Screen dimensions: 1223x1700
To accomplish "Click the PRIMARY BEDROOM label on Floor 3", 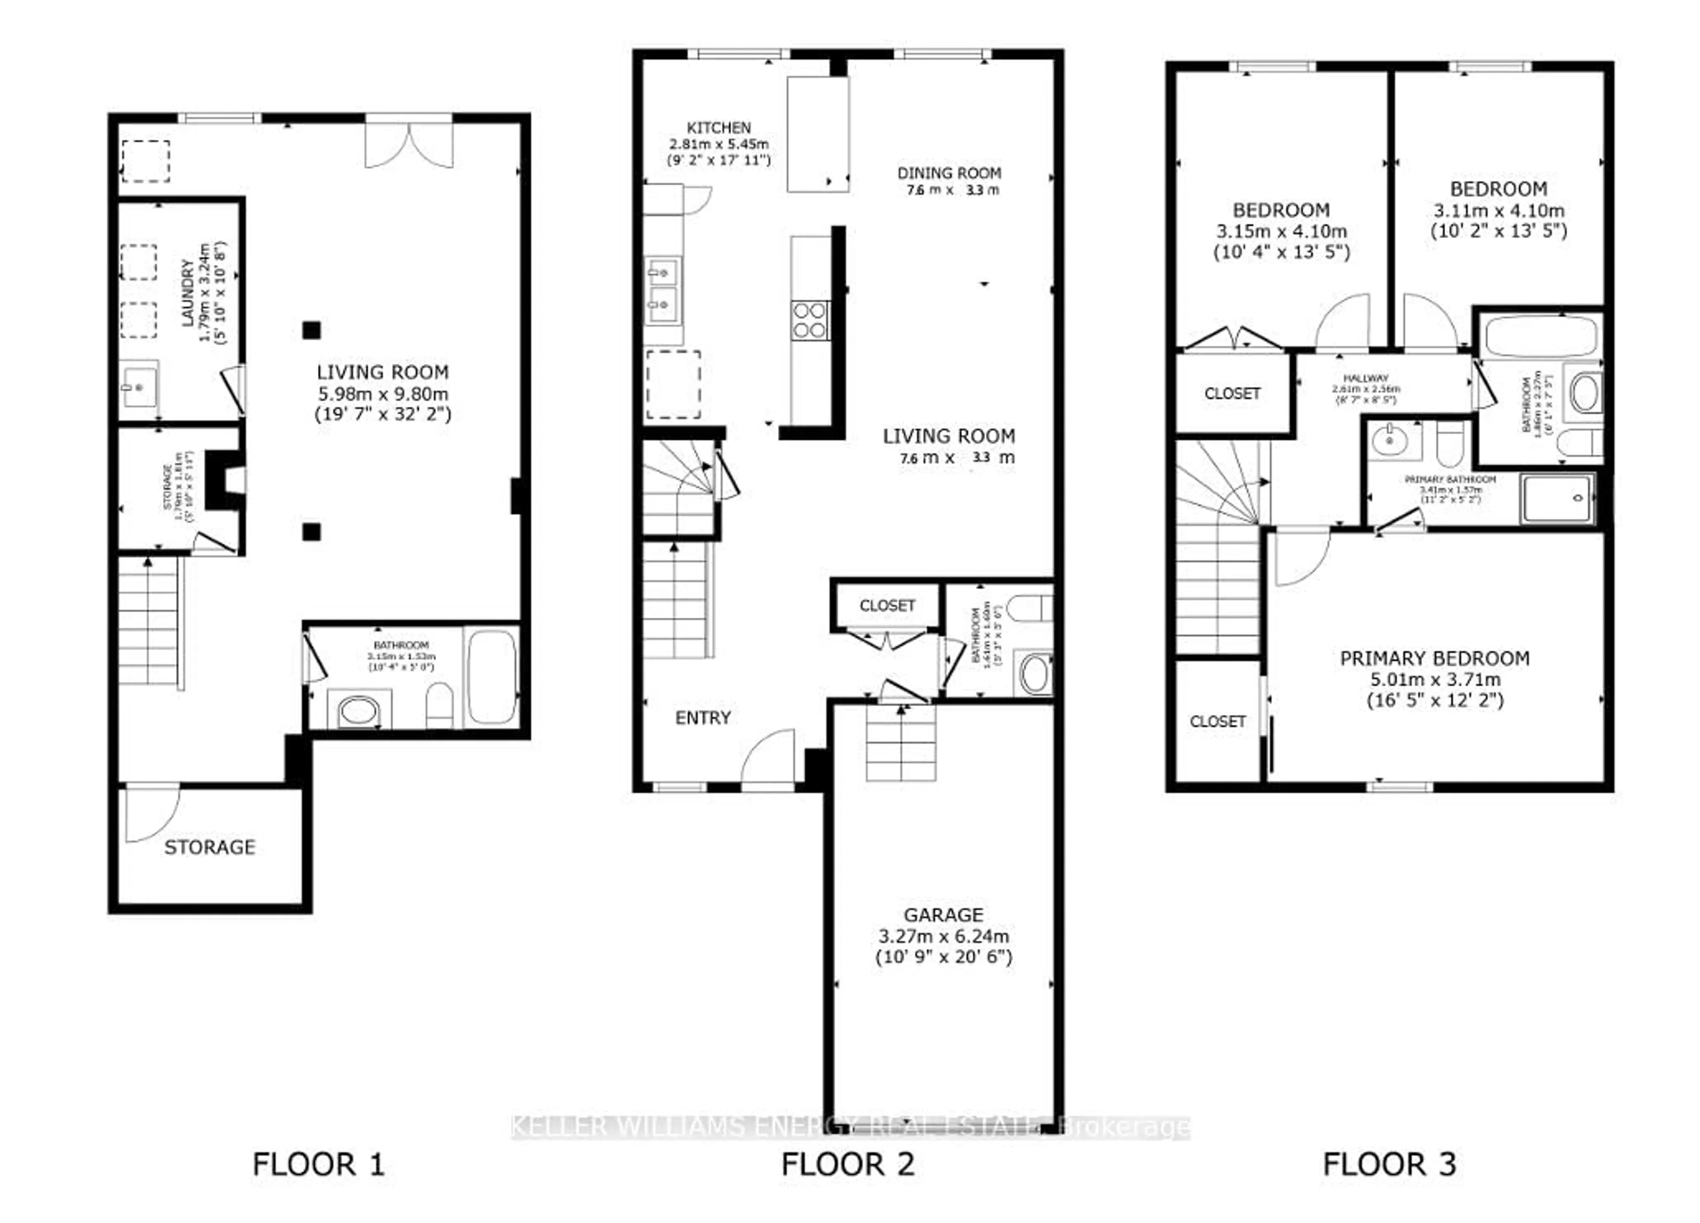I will [1434, 659].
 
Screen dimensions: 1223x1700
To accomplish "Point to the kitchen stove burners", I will [810, 320].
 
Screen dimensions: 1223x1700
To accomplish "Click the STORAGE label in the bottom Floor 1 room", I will [210, 847].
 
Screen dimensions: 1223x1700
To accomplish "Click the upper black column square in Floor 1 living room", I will [312, 330].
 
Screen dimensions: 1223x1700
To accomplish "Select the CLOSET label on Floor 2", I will [887, 605].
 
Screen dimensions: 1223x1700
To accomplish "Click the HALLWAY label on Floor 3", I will [1366, 378].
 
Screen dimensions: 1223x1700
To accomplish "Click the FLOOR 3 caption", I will [1389, 1165].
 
